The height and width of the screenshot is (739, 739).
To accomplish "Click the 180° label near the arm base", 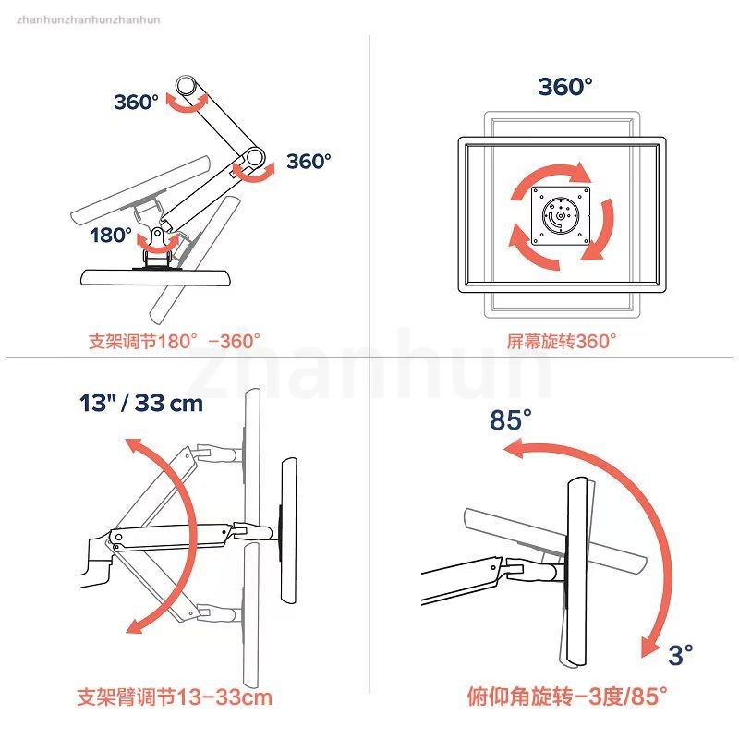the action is (x=111, y=235).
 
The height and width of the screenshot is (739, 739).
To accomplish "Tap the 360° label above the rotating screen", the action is (x=565, y=86).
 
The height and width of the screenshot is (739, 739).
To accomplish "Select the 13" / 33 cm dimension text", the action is (x=141, y=403).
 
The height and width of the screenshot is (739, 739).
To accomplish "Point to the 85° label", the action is (x=511, y=419).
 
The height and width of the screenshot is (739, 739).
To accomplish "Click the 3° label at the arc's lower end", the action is (x=681, y=654).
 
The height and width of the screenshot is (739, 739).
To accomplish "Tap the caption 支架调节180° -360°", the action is (x=175, y=341).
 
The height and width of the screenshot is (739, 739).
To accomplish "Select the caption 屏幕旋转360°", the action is (x=562, y=341).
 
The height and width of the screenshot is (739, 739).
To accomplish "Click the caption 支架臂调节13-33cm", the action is (x=175, y=697).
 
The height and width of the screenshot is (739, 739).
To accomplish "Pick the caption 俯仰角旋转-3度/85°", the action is (x=567, y=697).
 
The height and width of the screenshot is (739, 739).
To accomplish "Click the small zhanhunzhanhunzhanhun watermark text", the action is (x=88, y=19).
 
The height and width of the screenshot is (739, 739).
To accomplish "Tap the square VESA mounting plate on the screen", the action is (x=561, y=215).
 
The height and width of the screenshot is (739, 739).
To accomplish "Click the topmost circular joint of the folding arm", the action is (x=187, y=86).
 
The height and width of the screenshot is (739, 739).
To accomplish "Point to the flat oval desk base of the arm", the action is (x=156, y=277).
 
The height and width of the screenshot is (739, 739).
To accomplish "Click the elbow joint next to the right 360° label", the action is (x=255, y=158).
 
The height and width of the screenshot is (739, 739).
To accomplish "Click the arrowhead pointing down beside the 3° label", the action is (x=650, y=646).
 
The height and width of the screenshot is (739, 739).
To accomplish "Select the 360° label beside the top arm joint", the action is (x=136, y=102).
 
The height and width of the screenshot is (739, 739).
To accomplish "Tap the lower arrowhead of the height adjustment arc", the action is (x=136, y=625).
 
